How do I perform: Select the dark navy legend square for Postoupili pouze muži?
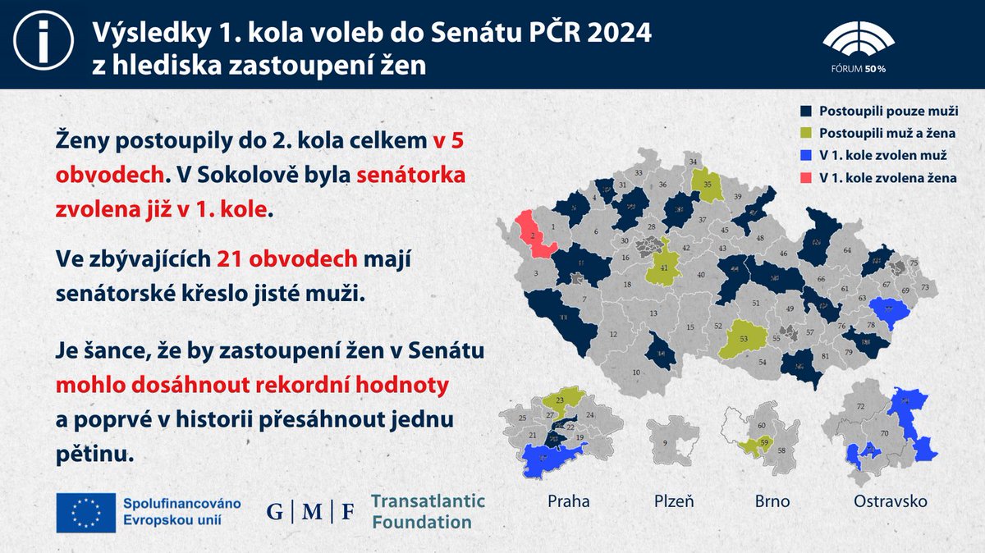tap(804, 110)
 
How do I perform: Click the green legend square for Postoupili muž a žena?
tap(804, 132)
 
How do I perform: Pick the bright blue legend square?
tap(804, 155)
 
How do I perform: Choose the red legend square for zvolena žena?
tap(804, 177)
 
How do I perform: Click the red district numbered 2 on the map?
tap(533, 234)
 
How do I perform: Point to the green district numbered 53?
tap(743, 339)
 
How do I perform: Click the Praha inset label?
tap(569, 500)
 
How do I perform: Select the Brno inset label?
tap(772, 500)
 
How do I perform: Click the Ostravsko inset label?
tap(891, 500)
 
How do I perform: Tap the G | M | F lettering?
tap(311, 512)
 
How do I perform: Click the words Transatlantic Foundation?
tap(428, 511)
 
